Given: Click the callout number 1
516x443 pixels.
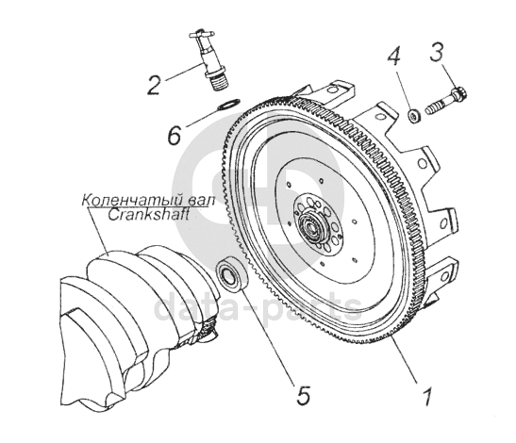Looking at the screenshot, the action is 427,397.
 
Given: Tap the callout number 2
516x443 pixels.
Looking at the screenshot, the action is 154,85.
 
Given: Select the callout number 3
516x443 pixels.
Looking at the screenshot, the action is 437,53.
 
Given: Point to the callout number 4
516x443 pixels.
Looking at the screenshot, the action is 394,57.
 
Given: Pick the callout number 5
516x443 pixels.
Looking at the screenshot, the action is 303,395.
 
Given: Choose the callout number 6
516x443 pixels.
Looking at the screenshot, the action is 175,135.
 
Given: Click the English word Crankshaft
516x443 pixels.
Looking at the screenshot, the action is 148,216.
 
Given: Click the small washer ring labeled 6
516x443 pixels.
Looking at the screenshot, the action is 229,104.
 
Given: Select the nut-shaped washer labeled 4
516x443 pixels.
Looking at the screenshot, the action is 414,116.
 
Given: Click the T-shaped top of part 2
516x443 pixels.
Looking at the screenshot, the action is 202,34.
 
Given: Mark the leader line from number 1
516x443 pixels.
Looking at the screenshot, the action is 404,359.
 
